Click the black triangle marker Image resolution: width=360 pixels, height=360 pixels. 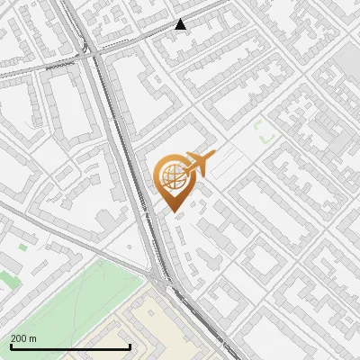click(x=181, y=24)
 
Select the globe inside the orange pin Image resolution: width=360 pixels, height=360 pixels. click(x=171, y=175)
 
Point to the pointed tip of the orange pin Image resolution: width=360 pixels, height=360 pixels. click(x=170, y=211)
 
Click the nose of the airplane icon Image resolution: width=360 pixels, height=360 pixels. click(x=213, y=155)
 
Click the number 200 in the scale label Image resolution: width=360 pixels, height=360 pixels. click(x=19, y=338)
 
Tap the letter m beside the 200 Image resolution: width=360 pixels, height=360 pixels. click(x=32, y=338)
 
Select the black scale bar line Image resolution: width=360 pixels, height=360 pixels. click(x=70, y=346)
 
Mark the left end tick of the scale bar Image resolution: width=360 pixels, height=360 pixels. click(x=11, y=346)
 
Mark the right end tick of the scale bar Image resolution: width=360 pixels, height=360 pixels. click(x=130, y=346)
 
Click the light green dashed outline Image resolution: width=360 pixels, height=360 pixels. click(x=264, y=134)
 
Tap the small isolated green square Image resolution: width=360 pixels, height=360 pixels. click(x=22, y=246)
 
